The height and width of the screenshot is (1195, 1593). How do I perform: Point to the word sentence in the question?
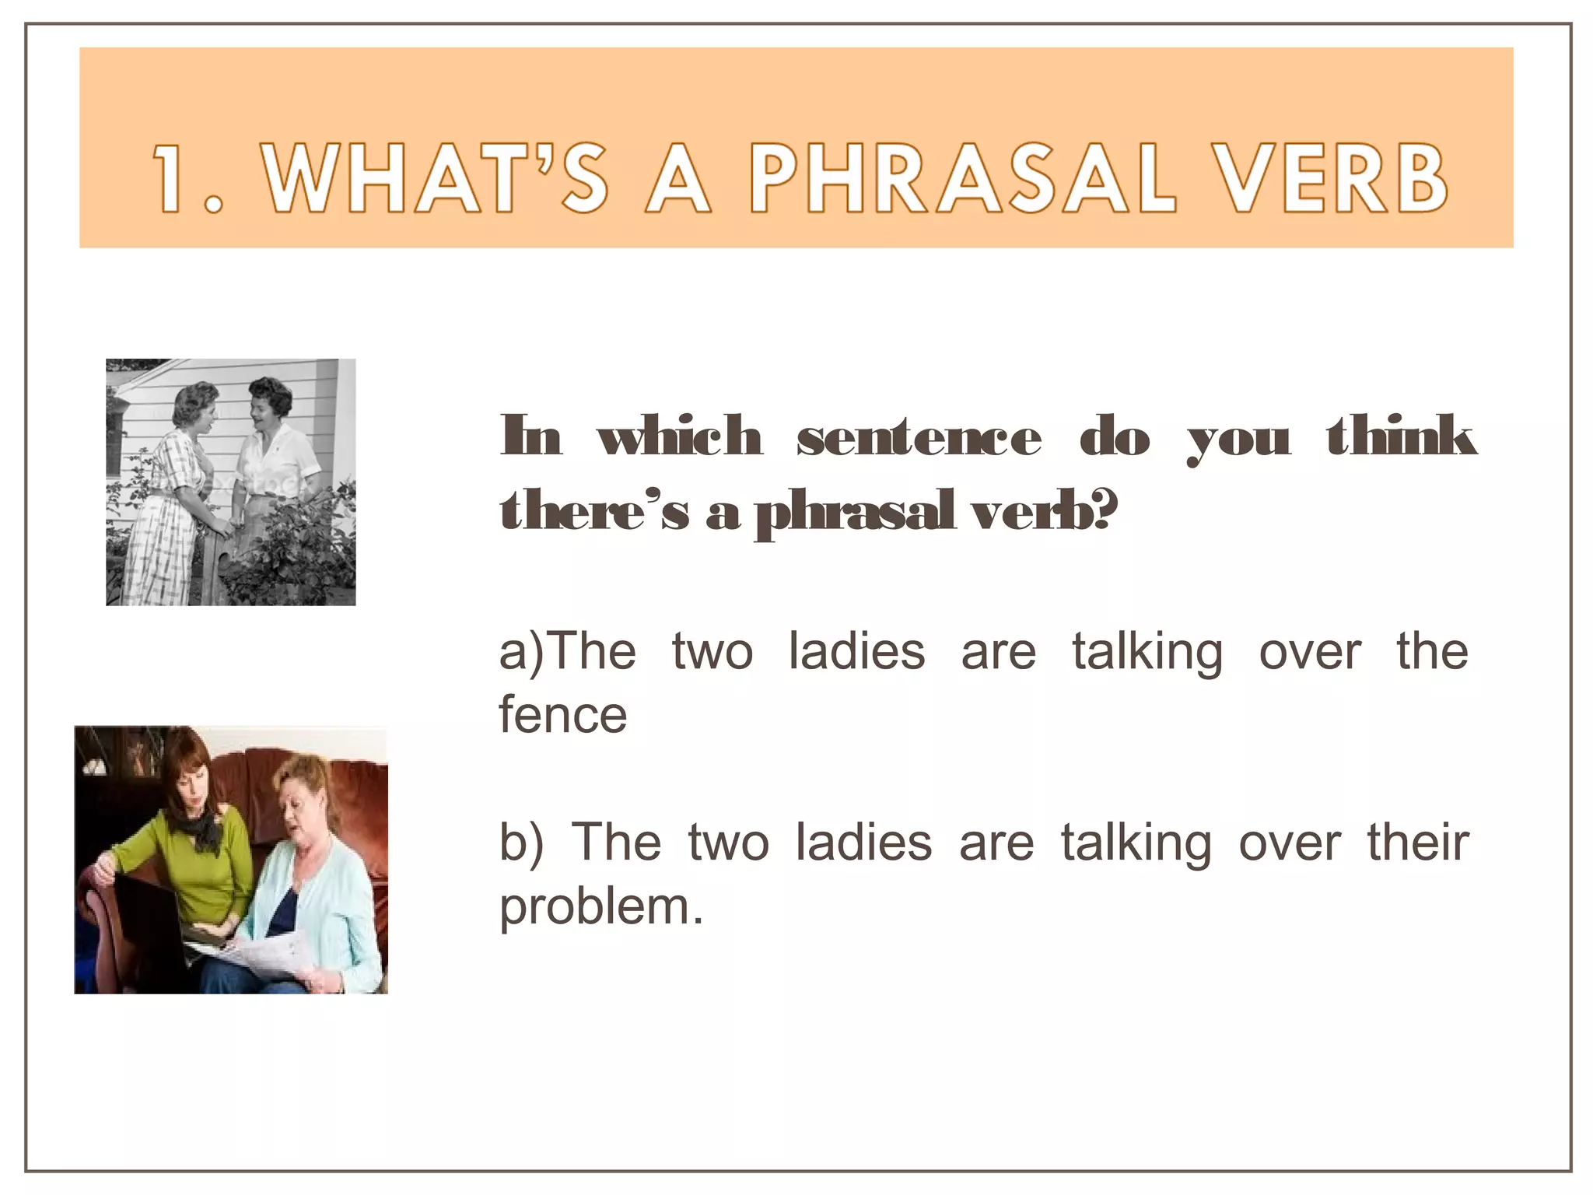tap(919, 437)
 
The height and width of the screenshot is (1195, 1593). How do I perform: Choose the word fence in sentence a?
tap(562, 715)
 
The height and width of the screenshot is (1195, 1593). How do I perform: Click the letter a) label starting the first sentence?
tap(523, 652)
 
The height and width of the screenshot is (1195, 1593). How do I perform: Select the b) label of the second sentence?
tap(520, 843)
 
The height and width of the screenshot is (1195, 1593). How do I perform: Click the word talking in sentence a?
tap(1147, 652)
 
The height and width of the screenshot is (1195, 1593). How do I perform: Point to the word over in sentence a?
tap(1310, 652)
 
